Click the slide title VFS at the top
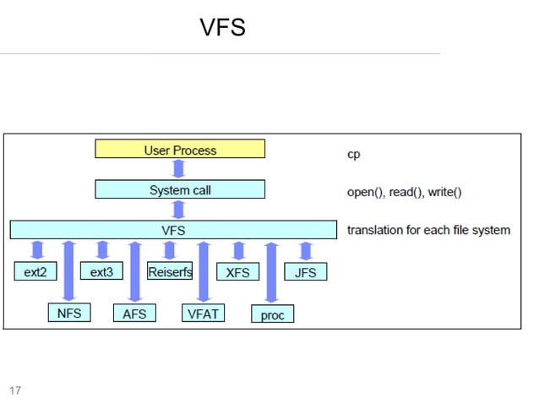coord(223,27)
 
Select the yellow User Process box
coord(180,149)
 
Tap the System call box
coord(180,189)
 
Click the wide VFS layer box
coord(173,230)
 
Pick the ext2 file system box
coord(35,271)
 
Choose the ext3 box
coord(101,271)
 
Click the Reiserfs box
coord(170,271)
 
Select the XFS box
coord(237,271)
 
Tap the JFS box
coord(305,271)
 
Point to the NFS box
coord(69,313)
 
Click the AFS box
coord(134,313)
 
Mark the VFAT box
coord(203,313)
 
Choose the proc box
coord(272,314)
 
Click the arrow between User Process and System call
coord(179,169)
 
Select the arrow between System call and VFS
coord(179,210)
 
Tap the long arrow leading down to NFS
coord(68,271)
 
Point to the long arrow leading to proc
coord(271,273)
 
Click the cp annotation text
coord(353,155)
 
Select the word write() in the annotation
coord(444,192)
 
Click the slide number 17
coord(15,390)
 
